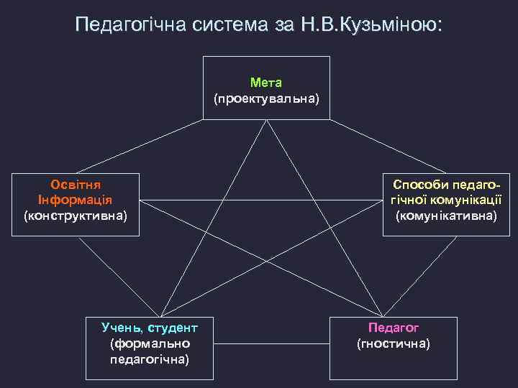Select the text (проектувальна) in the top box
[x=265, y=97]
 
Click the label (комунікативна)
[x=445, y=215]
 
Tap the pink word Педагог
[x=394, y=328]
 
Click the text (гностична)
[x=394, y=343]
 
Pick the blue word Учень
[x=120, y=328]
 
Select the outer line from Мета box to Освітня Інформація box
[x=144, y=146]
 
